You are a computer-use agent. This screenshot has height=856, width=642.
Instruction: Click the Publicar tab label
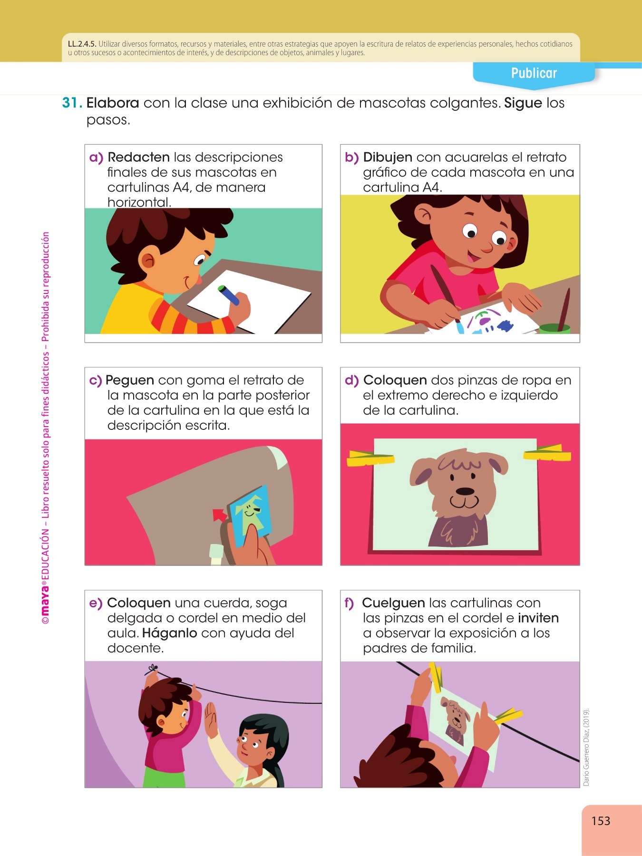pyautogui.click(x=534, y=73)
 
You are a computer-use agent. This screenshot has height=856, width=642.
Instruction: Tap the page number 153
pyautogui.click(x=601, y=821)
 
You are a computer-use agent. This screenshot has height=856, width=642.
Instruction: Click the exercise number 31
pyautogui.click(x=72, y=103)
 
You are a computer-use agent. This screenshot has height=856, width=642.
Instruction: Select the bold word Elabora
pyautogui.click(x=113, y=103)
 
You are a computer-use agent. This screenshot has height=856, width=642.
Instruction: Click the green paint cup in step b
pyautogui.click(x=554, y=328)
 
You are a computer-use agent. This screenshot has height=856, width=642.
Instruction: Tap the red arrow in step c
pyautogui.click(x=220, y=516)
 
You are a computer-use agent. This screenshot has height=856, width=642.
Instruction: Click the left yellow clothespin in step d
pyautogui.click(x=370, y=457)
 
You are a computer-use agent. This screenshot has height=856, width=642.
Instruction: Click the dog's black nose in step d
pyautogui.click(x=465, y=491)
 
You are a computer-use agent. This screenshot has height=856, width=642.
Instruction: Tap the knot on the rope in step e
pyautogui.click(x=153, y=670)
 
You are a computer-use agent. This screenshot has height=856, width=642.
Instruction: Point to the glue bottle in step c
pyautogui.click(x=216, y=554)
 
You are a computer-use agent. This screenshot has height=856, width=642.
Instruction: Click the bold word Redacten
pyautogui.click(x=139, y=157)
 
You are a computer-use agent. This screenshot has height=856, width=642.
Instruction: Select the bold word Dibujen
pyautogui.click(x=388, y=157)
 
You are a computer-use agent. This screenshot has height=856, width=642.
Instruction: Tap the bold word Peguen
pyautogui.click(x=130, y=380)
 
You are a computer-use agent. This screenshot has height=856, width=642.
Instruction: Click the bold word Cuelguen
pyautogui.click(x=393, y=603)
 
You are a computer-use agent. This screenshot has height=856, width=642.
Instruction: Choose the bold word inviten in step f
pyautogui.click(x=538, y=618)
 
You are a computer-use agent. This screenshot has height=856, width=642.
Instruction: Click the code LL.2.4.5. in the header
pyautogui.click(x=82, y=44)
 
